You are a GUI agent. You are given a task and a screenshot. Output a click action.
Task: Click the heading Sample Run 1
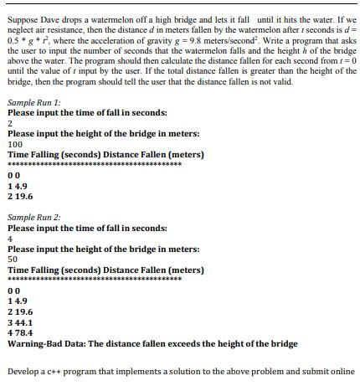tap(30, 125)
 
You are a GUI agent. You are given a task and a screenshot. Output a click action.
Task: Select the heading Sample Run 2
tap(30, 218)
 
